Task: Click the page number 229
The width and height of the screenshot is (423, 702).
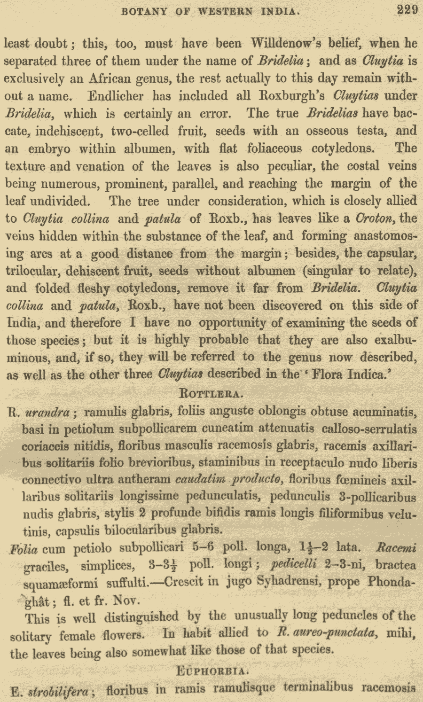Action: coord(407,10)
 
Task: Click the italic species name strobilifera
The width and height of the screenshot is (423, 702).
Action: coord(59,692)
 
